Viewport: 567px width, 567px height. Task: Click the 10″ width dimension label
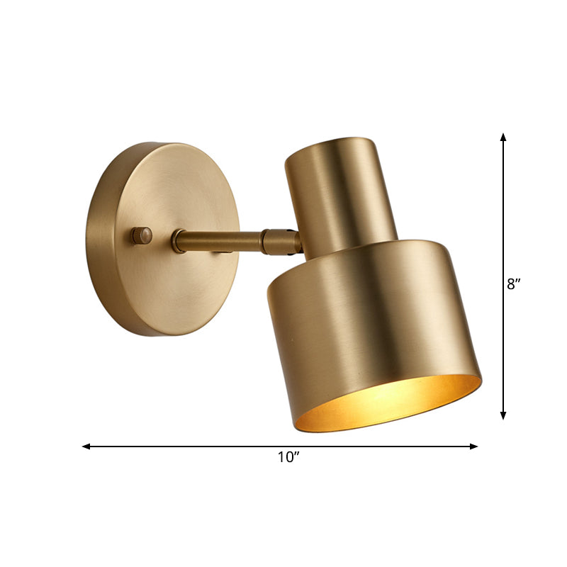(286, 458)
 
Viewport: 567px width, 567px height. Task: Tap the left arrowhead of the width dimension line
(86, 447)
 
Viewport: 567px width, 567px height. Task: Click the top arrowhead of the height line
(503, 136)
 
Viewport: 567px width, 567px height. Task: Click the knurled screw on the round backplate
(142, 235)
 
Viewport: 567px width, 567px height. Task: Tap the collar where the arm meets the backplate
(178, 242)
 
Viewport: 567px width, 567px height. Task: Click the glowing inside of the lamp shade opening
(386, 404)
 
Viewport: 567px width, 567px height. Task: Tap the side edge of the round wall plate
(96, 241)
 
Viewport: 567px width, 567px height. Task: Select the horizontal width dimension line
(213, 447)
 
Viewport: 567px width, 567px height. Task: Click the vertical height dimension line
(503, 213)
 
